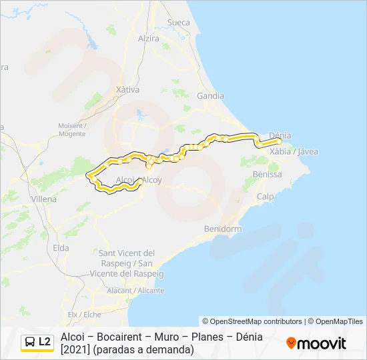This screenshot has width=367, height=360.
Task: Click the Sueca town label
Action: pyautogui.click(x=179, y=22)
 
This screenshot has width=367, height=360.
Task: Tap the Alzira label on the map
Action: pyautogui.click(x=148, y=38)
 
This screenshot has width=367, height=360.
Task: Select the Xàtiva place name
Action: pyautogui.click(x=128, y=89)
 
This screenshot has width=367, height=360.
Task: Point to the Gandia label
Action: pyautogui.click(x=211, y=95)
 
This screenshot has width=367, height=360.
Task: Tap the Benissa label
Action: pyautogui.click(x=268, y=174)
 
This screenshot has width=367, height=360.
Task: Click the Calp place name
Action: pyautogui.click(x=266, y=197)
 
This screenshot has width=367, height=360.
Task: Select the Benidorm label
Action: pyautogui.click(x=222, y=229)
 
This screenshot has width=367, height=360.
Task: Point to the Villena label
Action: pyautogui.click(x=44, y=199)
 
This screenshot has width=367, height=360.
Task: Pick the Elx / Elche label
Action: pyautogui.click(x=84, y=314)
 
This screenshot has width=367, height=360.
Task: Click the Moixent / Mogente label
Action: pyautogui.click(x=72, y=129)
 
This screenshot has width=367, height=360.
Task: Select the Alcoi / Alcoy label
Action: pyautogui.click(x=139, y=180)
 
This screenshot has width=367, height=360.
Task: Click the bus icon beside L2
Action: pyautogui.click(x=30, y=342)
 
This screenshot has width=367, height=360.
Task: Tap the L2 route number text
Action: pyautogui.click(x=45, y=342)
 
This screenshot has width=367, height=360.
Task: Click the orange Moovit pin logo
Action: pyautogui.click(x=291, y=343)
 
